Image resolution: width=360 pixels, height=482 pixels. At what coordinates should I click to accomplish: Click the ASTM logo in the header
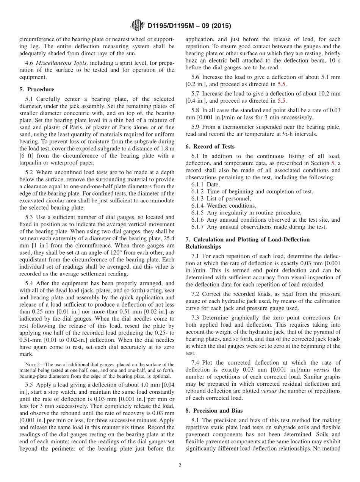coord(137,25)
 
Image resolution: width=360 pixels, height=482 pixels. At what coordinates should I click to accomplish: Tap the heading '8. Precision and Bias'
coord(214,410)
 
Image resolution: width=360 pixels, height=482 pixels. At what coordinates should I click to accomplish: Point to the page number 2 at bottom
coord(180,465)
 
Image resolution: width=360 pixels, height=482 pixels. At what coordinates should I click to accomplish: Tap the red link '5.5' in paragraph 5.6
coord(282,84)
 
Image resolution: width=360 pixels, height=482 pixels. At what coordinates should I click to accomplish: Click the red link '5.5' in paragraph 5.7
coord(282,101)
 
